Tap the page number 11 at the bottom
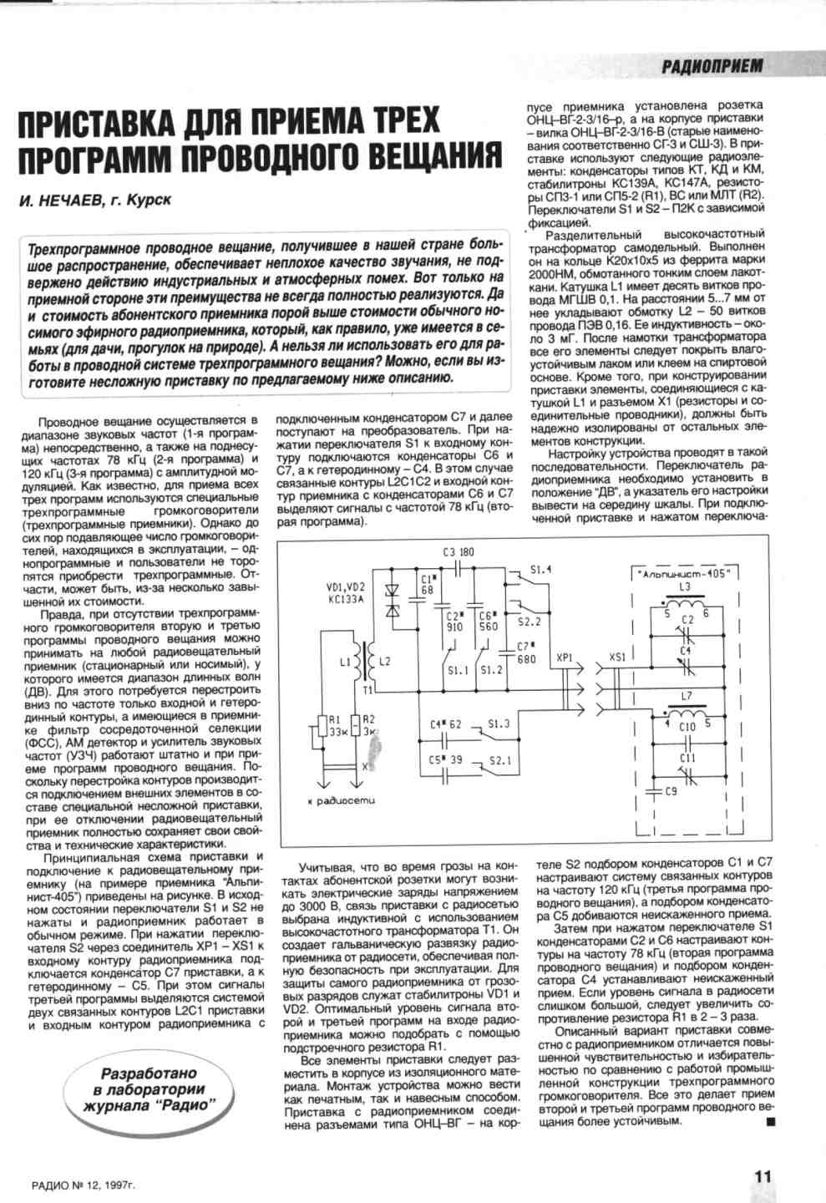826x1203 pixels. point(762,1174)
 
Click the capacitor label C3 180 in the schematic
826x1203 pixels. point(459,552)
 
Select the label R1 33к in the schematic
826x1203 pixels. point(337,725)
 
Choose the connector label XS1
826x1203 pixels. point(618,657)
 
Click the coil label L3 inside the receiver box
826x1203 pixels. point(686,587)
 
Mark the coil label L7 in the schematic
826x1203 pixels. point(686,696)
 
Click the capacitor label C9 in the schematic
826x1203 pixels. point(671,790)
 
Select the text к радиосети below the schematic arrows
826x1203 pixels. point(342,800)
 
